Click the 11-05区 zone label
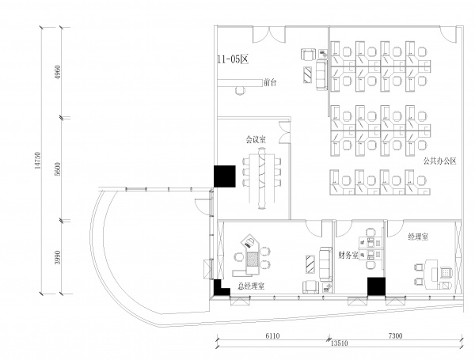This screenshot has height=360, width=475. (233, 59)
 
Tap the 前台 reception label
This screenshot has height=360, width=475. (270, 82)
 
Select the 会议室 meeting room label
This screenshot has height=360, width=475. (256, 139)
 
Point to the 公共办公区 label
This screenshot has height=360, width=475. (440, 161)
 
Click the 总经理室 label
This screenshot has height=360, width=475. (251, 286)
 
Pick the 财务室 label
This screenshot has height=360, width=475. (348, 255)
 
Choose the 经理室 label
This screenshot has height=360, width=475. (418, 237)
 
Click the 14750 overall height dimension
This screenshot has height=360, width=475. (37, 160)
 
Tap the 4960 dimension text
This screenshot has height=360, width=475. (58, 72)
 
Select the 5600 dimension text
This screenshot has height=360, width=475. (58, 169)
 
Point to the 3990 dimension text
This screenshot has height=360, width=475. (58, 257)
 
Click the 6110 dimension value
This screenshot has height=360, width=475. (272, 335)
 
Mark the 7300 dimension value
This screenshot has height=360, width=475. (395, 335)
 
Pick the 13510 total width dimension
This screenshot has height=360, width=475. (340, 343)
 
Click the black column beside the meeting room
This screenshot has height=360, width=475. (225, 176)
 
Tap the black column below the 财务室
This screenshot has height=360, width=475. (376, 286)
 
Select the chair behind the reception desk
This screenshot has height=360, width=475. (240, 90)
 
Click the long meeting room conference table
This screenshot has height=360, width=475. (262, 178)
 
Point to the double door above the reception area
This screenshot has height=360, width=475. (269, 34)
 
